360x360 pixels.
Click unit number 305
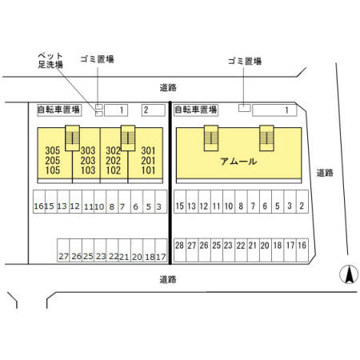point(53,150)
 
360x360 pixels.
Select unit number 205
point(53,161)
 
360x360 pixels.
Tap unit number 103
point(88,170)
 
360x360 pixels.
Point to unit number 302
point(113,150)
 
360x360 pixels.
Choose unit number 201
point(148,161)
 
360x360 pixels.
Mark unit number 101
point(148,170)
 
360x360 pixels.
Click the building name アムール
point(238,162)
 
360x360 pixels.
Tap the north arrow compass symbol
point(349,274)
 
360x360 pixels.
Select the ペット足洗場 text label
point(50,60)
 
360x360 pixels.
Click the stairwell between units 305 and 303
point(72,138)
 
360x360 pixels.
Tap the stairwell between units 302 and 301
point(128,138)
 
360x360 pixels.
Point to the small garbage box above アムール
point(245,108)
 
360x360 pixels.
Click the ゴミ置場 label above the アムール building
point(245,62)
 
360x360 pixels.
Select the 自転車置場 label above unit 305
point(59,110)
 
